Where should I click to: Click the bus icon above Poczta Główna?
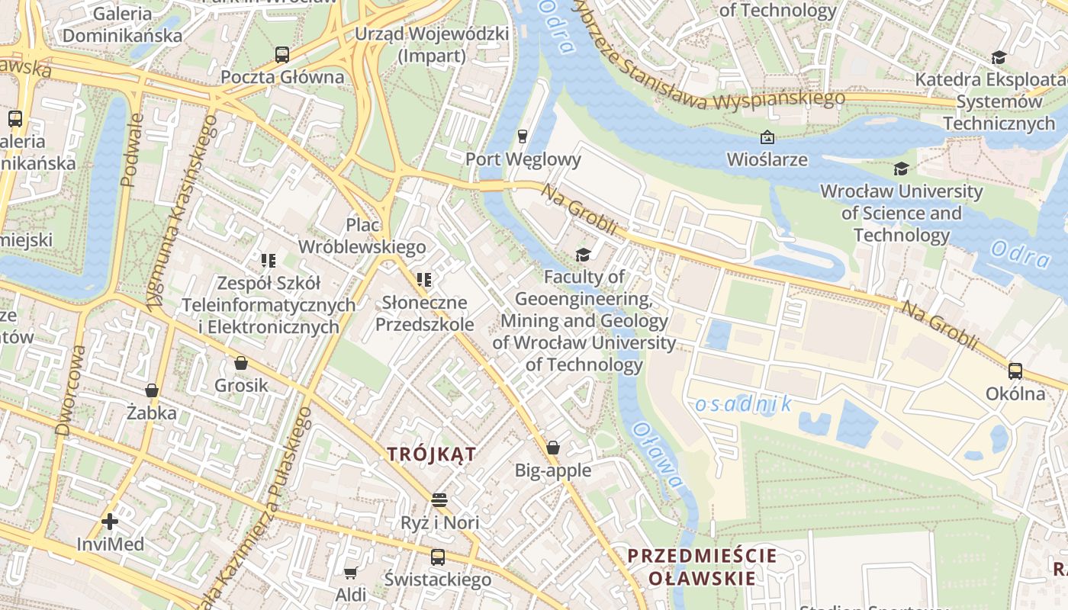[282, 54]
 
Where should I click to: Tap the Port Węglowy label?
[523, 159]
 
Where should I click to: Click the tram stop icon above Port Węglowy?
[523, 136]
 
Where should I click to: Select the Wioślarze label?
[767, 159]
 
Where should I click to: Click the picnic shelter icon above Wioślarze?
[767, 137]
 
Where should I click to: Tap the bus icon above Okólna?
[1015, 371]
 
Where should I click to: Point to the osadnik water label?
[744, 404]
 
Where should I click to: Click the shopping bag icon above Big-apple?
[553, 448]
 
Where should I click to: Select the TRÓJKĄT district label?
[431, 455]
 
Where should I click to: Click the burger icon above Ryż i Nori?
[439, 500]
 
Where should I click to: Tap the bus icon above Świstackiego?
[437, 557]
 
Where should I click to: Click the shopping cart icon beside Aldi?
[350, 573]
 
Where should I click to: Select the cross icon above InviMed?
[110, 522]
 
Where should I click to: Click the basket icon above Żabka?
[152, 390]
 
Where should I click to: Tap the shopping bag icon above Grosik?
[241, 363]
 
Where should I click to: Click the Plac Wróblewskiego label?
[362, 236]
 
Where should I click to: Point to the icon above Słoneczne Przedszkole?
[424, 280]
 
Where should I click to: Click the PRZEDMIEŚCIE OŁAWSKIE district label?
[702, 567]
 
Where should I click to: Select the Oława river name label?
[658, 455]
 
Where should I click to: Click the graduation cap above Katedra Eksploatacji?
[999, 57]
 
